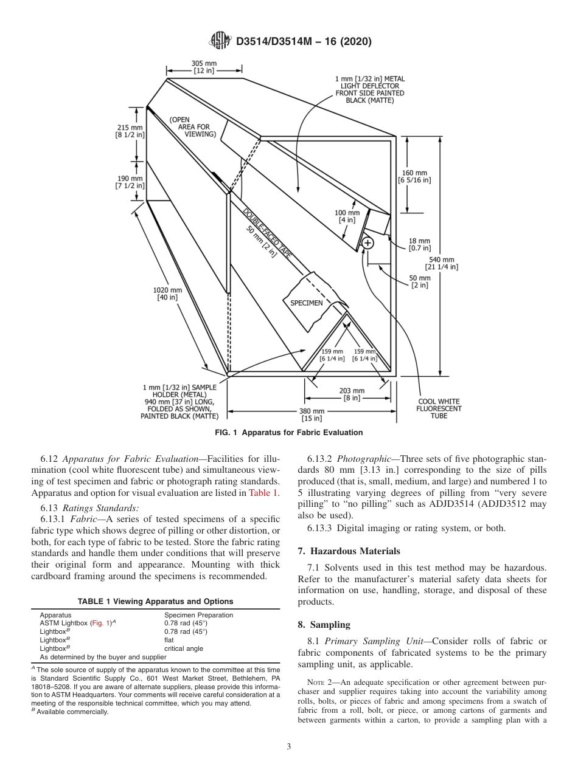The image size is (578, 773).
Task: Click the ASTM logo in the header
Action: click(x=220, y=41)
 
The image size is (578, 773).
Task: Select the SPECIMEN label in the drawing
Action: click(x=306, y=303)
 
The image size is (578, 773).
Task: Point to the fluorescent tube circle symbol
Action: click(x=367, y=243)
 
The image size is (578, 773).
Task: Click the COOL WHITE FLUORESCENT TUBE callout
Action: click(x=439, y=408)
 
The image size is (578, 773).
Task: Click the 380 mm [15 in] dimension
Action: click(x=312, y=414)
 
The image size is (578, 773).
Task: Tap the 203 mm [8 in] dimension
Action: click(x=352, y=394)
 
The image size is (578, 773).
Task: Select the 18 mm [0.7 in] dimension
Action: click(x=419, y=244)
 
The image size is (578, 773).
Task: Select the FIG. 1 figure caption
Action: click(x=289, y=433)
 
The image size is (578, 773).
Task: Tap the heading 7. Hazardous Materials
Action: click(x=349, y=551)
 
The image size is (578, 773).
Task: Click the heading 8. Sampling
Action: click(x=324, y=624)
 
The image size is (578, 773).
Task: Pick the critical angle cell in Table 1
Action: click(x=184, y=648)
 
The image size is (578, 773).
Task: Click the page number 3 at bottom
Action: click(x=289, y=747)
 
